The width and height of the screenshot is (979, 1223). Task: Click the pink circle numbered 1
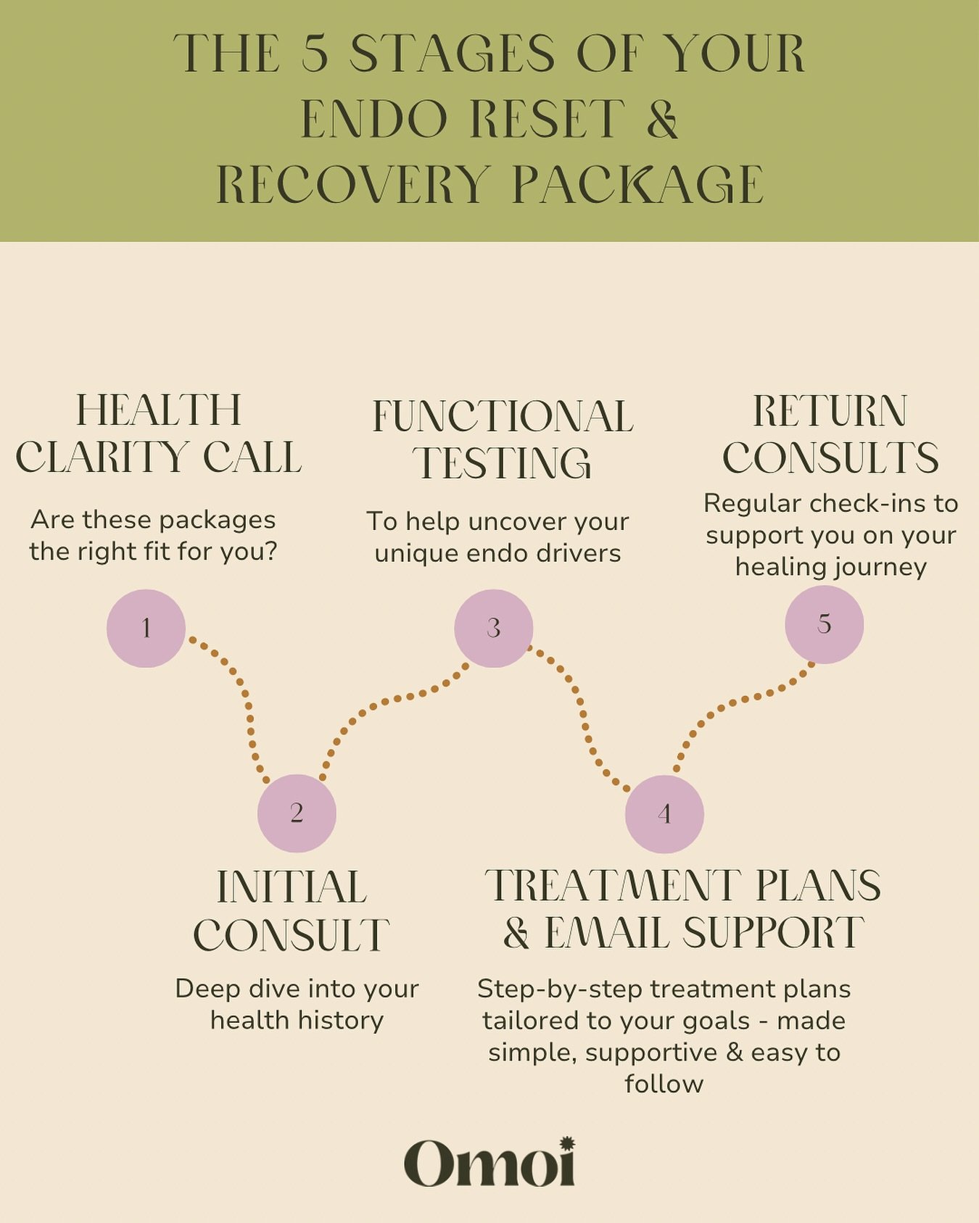146,628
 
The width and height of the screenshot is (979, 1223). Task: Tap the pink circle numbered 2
297,813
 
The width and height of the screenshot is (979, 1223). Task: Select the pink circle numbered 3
494,628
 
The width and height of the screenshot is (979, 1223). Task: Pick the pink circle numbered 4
664,813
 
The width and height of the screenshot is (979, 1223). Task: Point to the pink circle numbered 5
824,624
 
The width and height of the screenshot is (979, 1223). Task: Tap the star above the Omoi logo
567,1143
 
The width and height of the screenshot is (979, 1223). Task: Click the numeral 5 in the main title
315,54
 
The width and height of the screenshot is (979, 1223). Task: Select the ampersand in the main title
662,119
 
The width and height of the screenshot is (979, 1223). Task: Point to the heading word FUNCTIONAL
503,417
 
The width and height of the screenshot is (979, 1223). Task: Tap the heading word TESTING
503,463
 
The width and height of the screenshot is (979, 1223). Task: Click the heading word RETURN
830,412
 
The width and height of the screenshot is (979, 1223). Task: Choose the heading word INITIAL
292,887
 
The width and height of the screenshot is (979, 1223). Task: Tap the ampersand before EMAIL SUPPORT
516,933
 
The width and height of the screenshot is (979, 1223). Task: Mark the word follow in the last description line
664,1084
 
